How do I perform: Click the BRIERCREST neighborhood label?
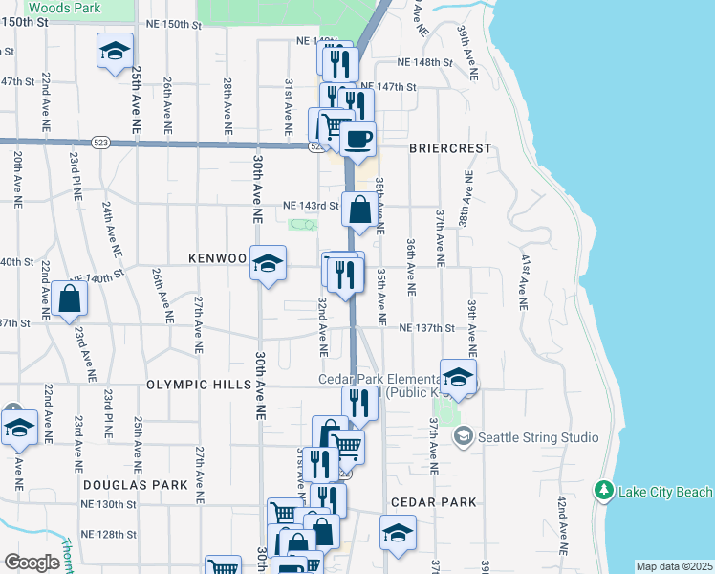(x=449, y=149)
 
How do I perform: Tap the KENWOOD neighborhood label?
(x=218, y=259)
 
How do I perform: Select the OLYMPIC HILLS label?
(x=198, y=384)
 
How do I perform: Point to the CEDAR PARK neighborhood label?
(x=433, y=502)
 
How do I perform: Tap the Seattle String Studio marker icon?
(x=464, y=437)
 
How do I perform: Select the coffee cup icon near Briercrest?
(x=358, y=140)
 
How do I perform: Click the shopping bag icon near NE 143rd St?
(x=358, y=210)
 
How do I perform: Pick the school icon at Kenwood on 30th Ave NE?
(x=268, y=262)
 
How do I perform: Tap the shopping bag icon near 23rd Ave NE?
(x=70, y=298)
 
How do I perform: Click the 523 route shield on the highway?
(x=100, y=143)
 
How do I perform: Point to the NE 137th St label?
(x=426, y=328)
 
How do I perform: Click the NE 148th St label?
(x=424, y=62)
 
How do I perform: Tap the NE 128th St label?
(x=109, y=533)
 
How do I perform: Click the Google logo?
(x=32, y=563)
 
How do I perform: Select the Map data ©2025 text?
(x=675, y=566)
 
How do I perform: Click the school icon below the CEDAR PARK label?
(x=398, y=533)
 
